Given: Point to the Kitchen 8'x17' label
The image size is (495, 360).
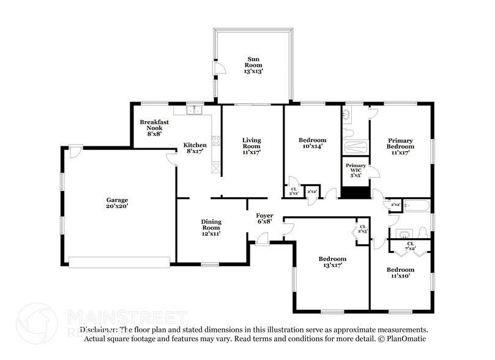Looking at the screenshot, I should (195, 148).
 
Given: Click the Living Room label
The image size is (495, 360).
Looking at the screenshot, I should (251, 147).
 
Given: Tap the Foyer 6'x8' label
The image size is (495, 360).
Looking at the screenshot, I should (264, 219).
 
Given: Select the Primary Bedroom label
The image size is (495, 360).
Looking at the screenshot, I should (400, 147).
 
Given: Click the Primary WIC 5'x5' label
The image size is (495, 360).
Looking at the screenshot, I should (355, 170).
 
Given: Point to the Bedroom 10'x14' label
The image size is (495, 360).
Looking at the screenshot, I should (311, 143).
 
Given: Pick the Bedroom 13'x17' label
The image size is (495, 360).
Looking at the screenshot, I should (332, 262).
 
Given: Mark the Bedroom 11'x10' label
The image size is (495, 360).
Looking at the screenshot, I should (400, 272).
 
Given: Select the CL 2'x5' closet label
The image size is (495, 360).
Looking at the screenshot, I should (363, 229).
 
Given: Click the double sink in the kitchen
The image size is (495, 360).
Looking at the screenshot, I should (195, 110).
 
